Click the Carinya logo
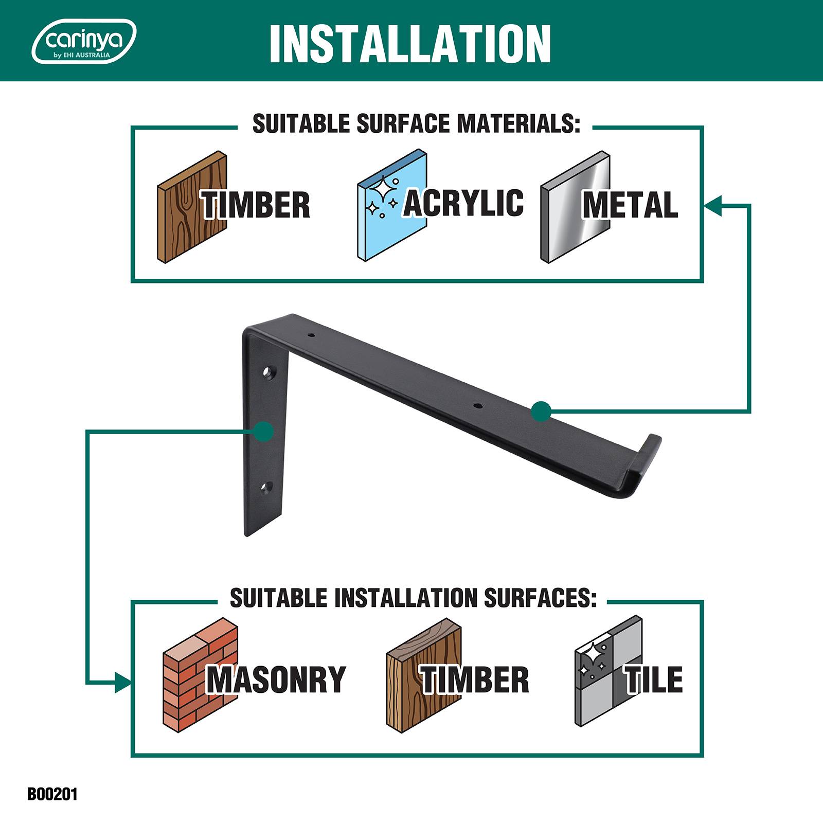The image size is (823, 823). pos(84,42)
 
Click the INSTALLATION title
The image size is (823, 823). pos(410,43)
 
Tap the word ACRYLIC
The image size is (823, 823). pos(463,203)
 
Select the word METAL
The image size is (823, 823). pos(630,205)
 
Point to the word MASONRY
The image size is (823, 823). pos(276,679)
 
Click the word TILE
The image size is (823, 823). pos(654,679)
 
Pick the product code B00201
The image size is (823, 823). pos(52,794)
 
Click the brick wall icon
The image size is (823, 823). pos(201,673)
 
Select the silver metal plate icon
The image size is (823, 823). pos(575,207)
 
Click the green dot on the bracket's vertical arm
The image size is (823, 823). pos(263,431)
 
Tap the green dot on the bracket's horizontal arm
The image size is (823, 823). pos(541,411)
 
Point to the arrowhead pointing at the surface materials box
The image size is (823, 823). pos(713,205)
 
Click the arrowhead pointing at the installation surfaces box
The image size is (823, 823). pos(122,683)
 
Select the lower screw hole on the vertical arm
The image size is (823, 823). pos(267,487)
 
